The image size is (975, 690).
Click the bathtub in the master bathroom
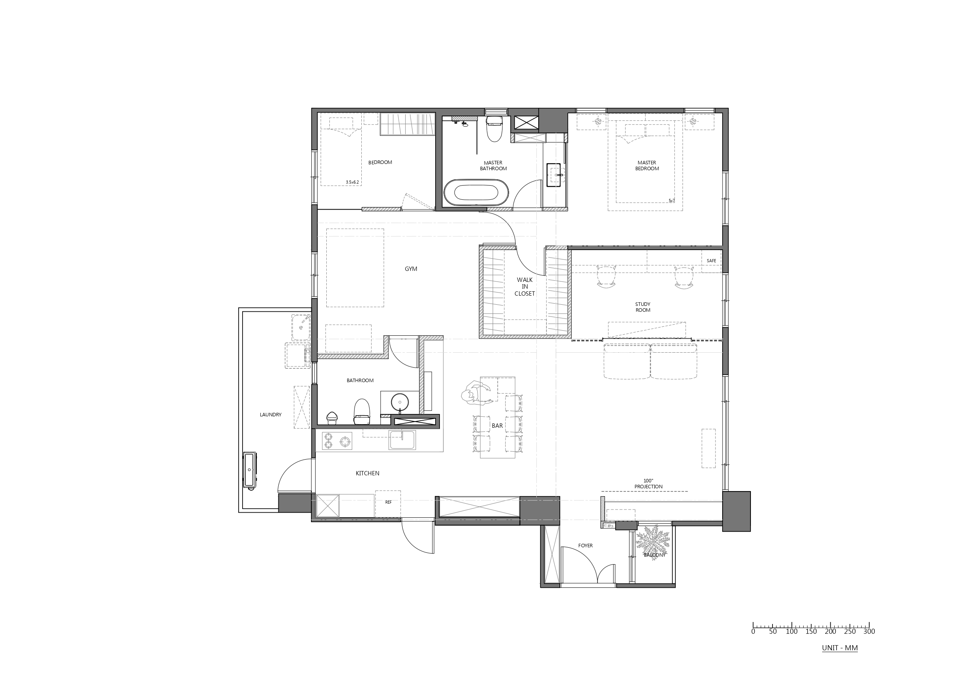(476, 193)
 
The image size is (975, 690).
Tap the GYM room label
(411, 269)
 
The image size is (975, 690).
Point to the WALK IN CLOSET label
(525, 286)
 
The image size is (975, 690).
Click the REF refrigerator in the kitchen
(388, 504)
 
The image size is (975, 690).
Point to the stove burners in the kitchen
(337, 441)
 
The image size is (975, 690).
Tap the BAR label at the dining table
(497, 425)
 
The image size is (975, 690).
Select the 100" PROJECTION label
(648, 484)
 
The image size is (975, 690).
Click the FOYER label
(585, 546)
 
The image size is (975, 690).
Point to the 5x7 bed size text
(671, 201)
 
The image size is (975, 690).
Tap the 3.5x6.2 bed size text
(352, 182)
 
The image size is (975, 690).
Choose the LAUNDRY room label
(270, 415)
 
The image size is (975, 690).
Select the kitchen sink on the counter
(402, 440)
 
